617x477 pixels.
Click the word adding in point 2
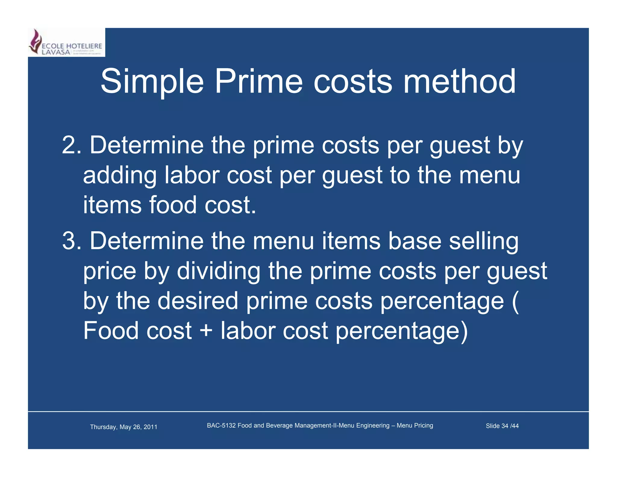120,176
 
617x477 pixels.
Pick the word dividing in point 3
218,271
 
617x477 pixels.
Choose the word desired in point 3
198,301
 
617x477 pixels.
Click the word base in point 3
415,241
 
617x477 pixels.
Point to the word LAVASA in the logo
56,52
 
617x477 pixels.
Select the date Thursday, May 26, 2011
124,427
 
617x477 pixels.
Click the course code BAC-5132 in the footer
221,425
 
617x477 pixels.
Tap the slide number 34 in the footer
505,426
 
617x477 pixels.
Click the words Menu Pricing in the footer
415,425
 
